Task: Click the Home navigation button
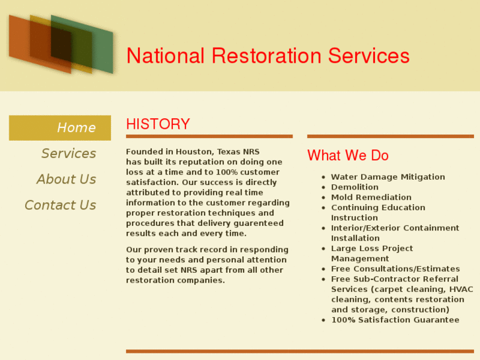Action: click(75, 127)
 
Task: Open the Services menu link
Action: click(69, 153)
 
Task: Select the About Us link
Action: click(66, 179)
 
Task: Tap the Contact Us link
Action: click(60, 205)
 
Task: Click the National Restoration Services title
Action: click(267, 55)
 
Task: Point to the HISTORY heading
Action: click(158, 124)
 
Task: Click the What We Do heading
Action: click(348, 155)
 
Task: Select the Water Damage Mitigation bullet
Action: click(388, 177)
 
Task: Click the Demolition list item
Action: click(355, 187)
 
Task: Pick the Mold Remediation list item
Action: click(371, 198)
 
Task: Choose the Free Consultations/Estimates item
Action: click(395, 269)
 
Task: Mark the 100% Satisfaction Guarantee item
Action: click(395, 320)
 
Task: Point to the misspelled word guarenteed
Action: click(261, 223)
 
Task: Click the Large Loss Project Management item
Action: click(372, 254)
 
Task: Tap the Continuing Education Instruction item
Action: click(378, 213)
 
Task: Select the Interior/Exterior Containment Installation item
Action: click(395, 233)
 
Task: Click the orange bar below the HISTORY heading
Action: click(209, 136)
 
